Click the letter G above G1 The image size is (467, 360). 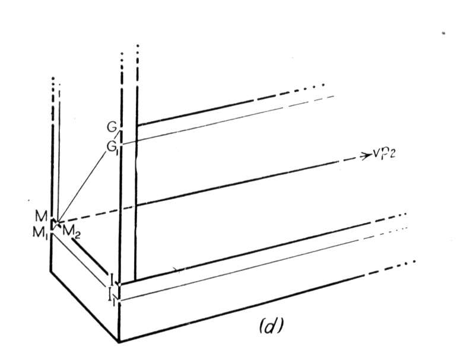[112, 128]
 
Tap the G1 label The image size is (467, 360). [112, 147]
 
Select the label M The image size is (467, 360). [41, 216]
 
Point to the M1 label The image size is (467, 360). [40, 233]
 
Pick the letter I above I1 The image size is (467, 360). [111, 279]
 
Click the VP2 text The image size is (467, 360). [384, 155]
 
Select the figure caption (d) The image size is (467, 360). [271, 326]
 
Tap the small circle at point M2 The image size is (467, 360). [58, 222]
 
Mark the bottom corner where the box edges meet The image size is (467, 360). [119, 342]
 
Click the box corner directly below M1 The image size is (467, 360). [50, 271]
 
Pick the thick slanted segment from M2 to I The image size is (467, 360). [90, 256]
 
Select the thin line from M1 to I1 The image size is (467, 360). [80, 260]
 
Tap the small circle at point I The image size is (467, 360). [119, 285]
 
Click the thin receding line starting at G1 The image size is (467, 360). [228, 120]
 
